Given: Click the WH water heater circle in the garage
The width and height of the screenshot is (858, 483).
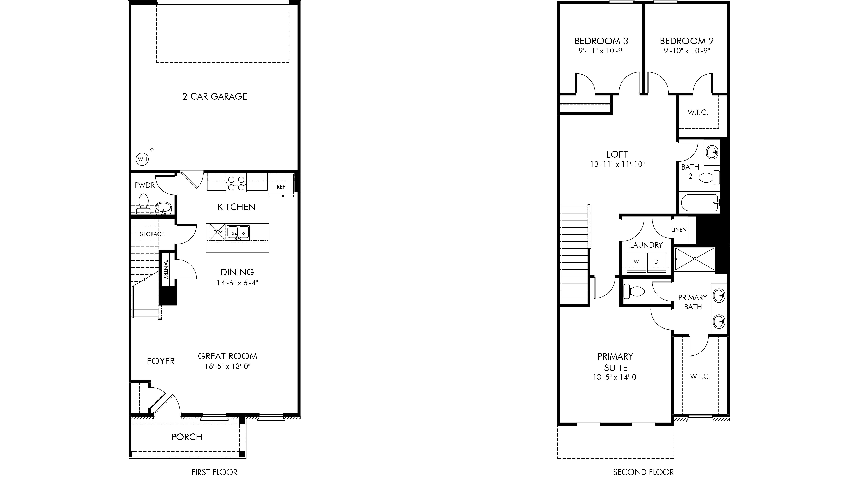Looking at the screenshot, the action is pos(143,159).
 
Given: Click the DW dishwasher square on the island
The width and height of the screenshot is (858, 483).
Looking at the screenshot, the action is pos(217,232).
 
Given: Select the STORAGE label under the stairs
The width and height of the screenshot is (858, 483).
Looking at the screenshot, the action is pos(152,234).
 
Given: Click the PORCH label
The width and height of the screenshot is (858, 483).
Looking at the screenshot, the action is pos(187,437).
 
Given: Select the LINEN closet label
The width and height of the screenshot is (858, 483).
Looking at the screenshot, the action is pos(679,230).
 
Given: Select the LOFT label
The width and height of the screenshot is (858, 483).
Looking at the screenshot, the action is pos(617,154).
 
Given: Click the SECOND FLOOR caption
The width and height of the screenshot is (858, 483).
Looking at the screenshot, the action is pos(644,472).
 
